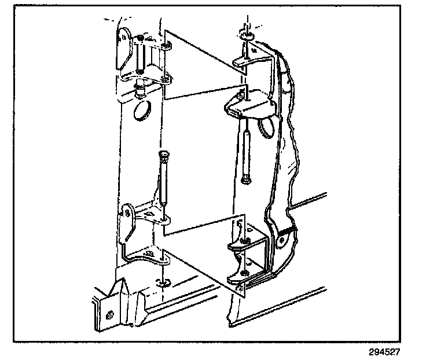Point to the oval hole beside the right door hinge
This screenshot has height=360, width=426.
click(266, 128)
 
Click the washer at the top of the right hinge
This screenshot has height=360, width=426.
click(247, 36)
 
